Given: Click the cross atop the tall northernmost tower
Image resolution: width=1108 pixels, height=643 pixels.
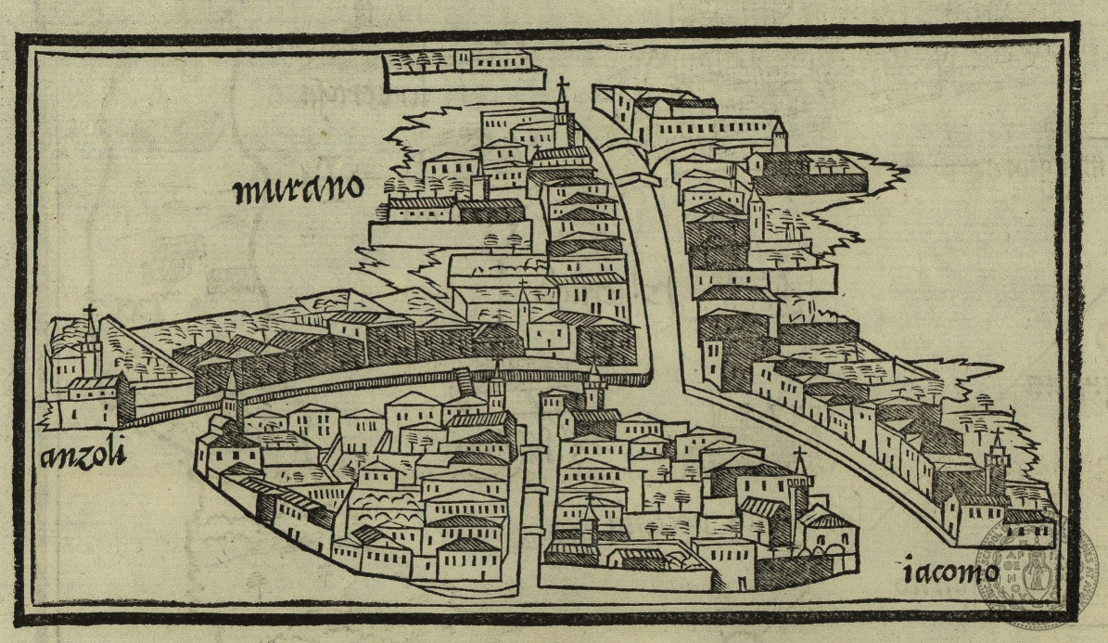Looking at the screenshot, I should pos(561,84).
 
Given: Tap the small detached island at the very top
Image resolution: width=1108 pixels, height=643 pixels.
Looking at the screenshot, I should pos(458,71).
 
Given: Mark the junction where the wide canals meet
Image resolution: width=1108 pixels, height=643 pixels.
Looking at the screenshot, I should pos(663,371).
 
